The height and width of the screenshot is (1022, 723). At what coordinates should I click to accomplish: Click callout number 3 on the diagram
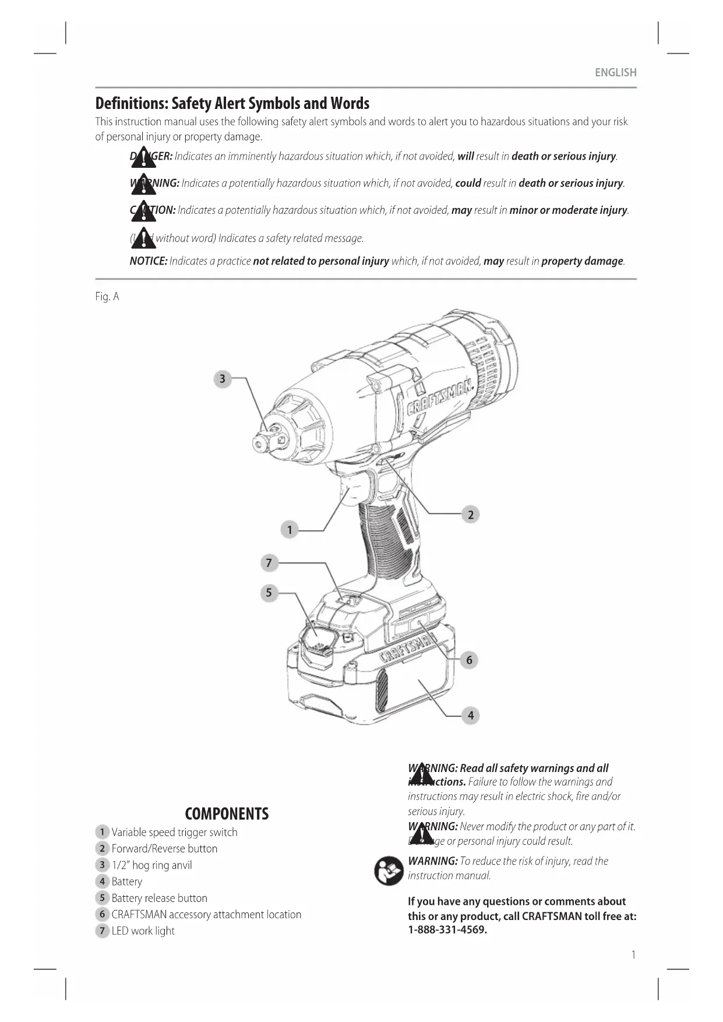click(x=222, y=379)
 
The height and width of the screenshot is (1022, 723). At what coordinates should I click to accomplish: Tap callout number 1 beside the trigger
click(x=290, y=530)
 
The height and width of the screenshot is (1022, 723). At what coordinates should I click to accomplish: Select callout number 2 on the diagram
click(x=471, y=514)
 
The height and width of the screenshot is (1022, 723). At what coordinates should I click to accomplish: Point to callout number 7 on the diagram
click(x=269, y=562)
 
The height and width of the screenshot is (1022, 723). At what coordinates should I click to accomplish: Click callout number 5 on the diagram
click(x=269, y=593)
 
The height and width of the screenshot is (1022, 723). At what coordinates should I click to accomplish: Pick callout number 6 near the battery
click(x=469, y=660)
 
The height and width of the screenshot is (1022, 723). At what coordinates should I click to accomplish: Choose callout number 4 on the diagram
click(x=471, y=715)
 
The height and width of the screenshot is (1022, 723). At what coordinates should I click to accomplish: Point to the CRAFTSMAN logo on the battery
click(x=408, y=647)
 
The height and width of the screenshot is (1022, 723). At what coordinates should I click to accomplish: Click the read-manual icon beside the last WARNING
click(x=389, y=871)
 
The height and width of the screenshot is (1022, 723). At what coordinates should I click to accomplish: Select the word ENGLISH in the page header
click(x=615, y=73)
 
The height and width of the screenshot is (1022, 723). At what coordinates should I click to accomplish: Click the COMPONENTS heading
click(x=227, y=813)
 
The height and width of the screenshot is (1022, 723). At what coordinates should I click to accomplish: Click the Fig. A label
click(x=107, y=297)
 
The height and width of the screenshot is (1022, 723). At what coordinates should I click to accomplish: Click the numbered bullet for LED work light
click(x=102, y=931)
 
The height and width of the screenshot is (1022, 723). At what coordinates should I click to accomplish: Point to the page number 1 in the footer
click(x=633, y=954)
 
